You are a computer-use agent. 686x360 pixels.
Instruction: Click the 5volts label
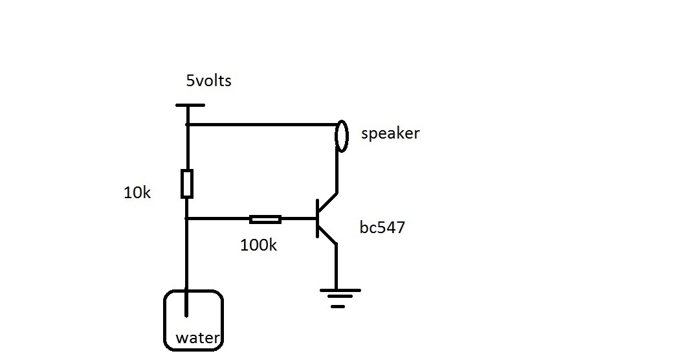point(208,82)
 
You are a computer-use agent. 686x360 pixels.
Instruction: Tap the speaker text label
point(390,134)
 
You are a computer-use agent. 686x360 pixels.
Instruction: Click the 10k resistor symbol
point(187,183)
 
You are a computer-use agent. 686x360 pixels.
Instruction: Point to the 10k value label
point(137,192)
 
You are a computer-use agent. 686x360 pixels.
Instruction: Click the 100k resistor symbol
point(265,219)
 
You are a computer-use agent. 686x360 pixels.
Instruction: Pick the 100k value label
point(259,245)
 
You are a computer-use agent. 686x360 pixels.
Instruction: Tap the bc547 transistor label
point(382,228)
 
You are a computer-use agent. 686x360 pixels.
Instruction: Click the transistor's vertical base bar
point(318,219)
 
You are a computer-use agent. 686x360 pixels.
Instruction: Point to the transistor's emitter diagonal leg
point(327,236)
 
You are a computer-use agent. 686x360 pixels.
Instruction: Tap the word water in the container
point(198,338)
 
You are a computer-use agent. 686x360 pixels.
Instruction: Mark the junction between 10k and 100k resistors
point(187,219)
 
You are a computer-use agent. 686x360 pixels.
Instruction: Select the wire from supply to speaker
point(262,124)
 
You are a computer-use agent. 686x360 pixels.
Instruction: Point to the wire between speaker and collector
point(337,172)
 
